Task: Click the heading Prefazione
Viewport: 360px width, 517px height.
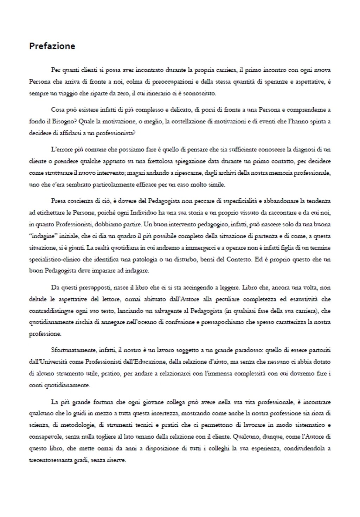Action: (52, 46)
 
